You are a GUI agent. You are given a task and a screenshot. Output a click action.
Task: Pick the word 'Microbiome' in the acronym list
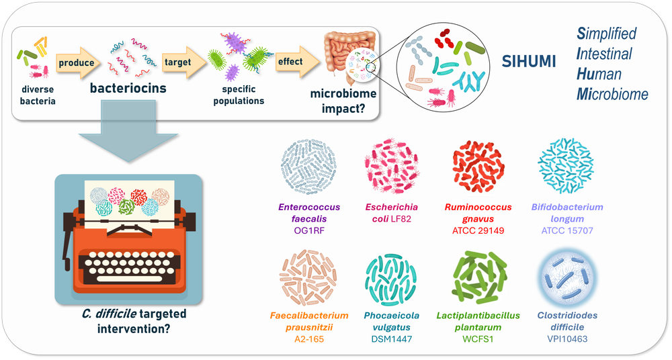click(x=612, y=94)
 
